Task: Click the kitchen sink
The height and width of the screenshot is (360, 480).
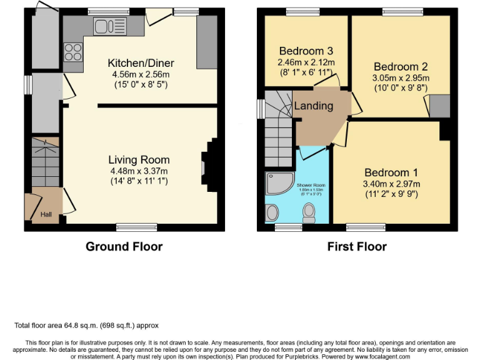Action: point(109,26)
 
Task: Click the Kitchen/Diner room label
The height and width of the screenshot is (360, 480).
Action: point(141,63)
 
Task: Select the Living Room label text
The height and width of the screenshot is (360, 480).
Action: point(138,160)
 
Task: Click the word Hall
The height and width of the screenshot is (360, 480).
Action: point(46,214)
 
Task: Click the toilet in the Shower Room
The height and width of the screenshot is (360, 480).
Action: point(308,214)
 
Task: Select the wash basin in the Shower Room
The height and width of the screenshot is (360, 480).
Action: point(272,212)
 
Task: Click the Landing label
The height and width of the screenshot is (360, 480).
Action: point(314,106)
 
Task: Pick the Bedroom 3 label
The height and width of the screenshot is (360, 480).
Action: point(306,51)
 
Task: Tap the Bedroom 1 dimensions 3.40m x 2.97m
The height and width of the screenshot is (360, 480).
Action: point(392,184)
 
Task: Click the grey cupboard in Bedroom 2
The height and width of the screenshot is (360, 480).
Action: point(439,106)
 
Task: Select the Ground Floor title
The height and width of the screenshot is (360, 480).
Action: point(124,246)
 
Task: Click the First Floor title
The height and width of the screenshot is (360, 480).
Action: point(357,246)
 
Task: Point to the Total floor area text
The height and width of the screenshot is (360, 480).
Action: point(86,326)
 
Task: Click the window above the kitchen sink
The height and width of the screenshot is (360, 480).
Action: point(109,11)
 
